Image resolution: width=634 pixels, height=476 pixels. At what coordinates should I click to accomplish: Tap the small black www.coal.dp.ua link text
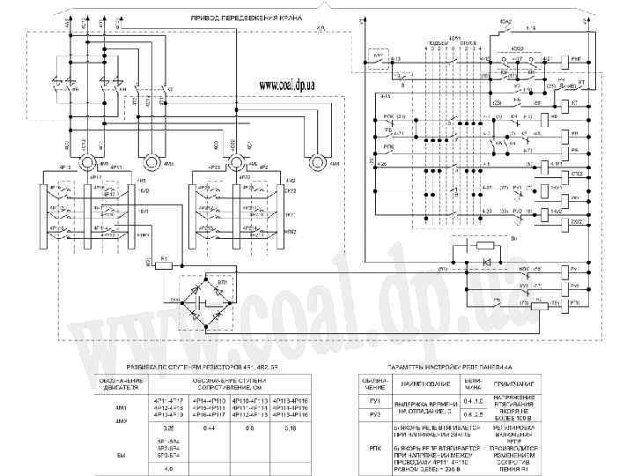click(288, 84)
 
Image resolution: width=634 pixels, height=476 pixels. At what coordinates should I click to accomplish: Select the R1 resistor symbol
click(164, 264)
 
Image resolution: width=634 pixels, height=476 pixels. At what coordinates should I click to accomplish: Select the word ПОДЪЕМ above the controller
click(438, 42)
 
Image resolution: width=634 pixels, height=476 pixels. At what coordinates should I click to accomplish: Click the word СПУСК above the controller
click(468, 42)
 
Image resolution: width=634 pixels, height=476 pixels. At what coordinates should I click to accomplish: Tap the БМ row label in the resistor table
click(121, 455)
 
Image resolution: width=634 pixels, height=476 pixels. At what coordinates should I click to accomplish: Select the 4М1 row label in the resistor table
click(121, 407)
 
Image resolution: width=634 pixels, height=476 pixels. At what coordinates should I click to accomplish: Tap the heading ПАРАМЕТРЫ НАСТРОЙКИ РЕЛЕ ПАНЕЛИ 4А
click(448, 365)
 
